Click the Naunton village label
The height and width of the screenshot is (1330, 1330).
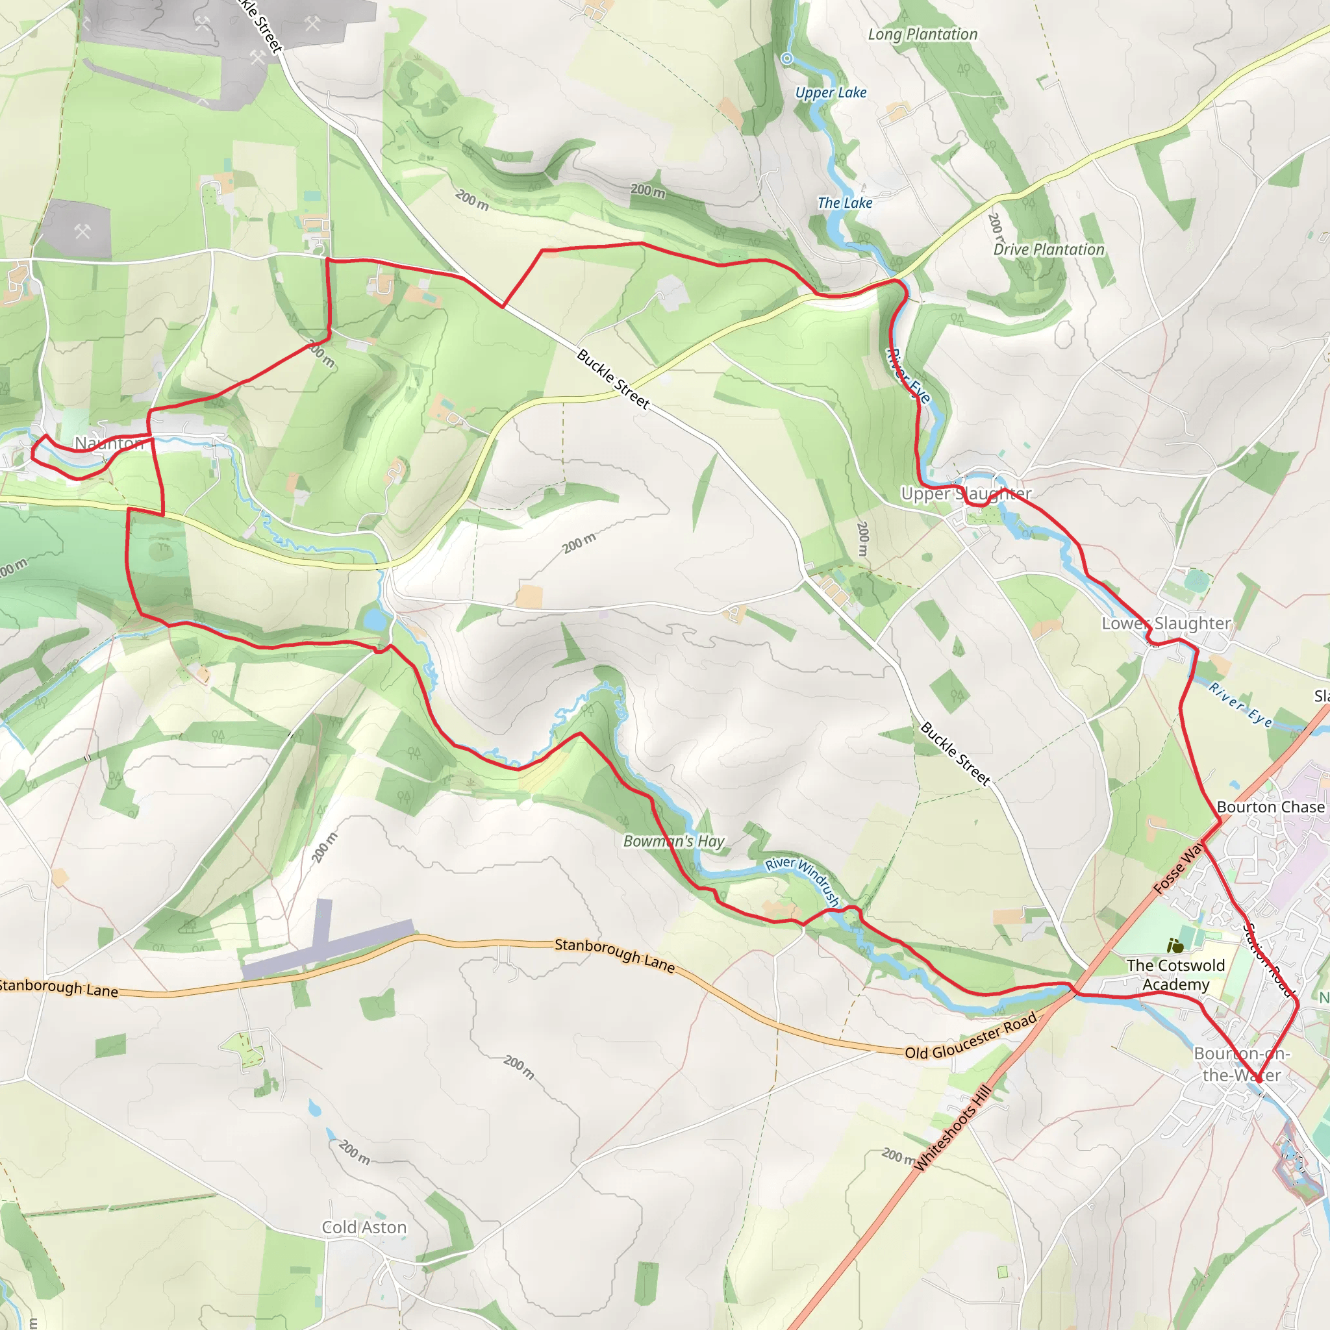108,444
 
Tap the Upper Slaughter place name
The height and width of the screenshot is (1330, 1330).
966,494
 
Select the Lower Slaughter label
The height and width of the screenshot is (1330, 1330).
1166,623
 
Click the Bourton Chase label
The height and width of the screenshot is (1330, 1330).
1270,807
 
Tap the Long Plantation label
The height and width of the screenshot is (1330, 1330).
922,34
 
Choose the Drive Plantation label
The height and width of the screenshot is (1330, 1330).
1048,250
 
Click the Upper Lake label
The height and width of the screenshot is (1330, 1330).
831,93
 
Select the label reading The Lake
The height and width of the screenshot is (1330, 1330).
845,203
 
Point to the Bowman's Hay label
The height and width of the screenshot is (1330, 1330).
674,841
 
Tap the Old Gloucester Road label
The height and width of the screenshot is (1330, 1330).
971,1036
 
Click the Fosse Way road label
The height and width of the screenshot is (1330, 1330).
1179,869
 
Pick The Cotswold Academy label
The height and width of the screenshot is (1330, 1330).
1176,975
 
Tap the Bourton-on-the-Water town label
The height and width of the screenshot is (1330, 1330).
1242,1064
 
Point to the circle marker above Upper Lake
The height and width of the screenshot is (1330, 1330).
787,58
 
